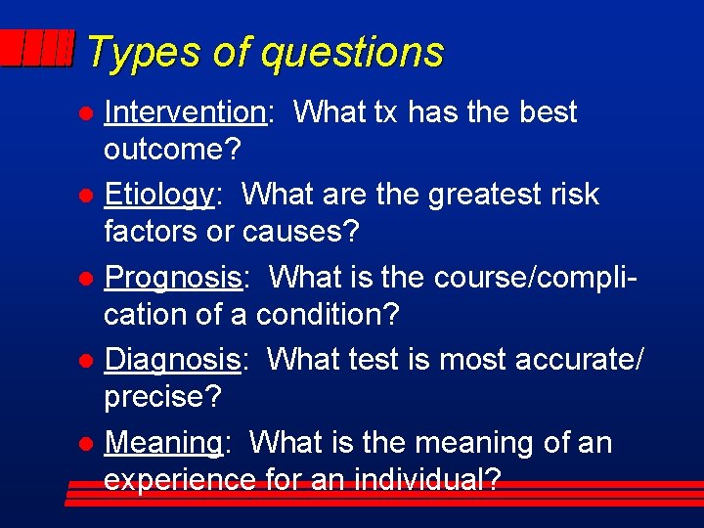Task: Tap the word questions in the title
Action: (352, 54)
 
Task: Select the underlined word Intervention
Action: (185, 112)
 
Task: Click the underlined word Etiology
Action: (159, 196)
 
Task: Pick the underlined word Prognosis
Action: (173, 278)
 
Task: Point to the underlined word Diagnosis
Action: (172, 360)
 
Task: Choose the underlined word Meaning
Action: (163, 443)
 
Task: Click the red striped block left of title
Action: (37, 48)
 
